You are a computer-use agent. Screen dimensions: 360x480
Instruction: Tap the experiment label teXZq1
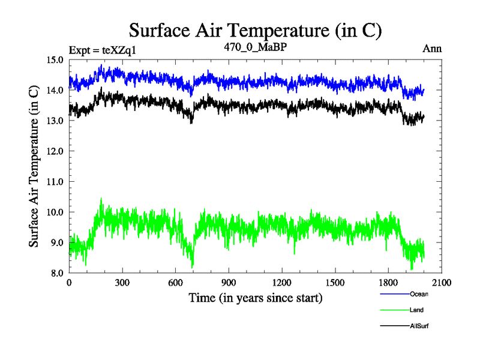pos(103,50)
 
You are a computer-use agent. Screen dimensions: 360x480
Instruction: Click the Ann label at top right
pos(433,49)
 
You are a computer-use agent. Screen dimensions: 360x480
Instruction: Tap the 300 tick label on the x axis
pos(122,282)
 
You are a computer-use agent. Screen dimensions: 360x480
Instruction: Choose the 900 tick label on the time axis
pos(228,282)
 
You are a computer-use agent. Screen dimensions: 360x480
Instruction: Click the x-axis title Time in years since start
pos(256,297)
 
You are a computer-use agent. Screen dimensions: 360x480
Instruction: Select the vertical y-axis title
pos(35,166)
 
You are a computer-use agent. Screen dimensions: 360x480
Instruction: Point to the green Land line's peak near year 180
pos(101,199)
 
